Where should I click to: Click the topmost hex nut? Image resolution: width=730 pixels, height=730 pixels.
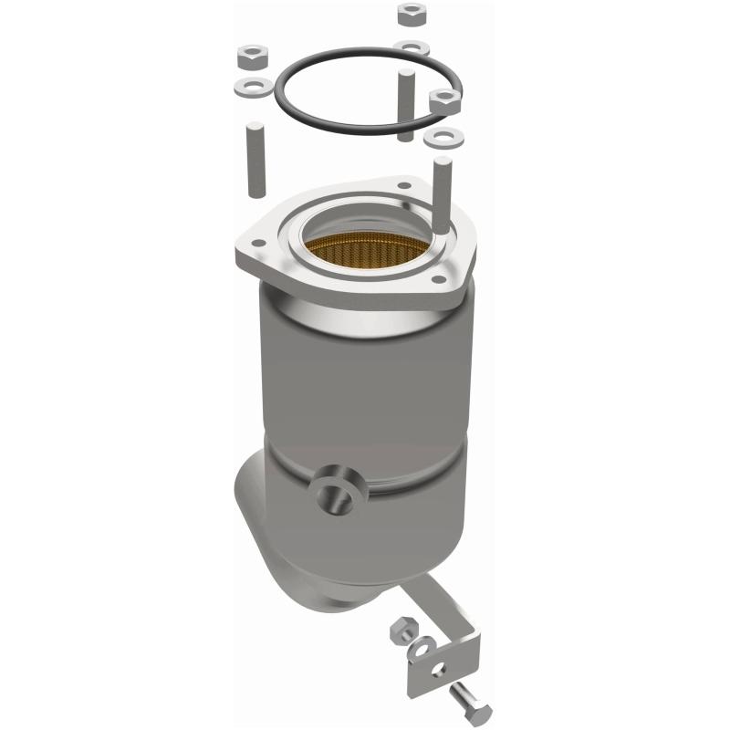coord(409,15)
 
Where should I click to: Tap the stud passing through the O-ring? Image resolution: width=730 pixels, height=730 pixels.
coord(402,100)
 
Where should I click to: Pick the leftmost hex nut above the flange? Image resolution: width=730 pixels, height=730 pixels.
coord(251,58)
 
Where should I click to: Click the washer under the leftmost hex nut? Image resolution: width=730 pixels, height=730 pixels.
coord(251,89)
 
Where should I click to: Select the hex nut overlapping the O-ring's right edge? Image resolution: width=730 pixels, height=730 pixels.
coord(443,100)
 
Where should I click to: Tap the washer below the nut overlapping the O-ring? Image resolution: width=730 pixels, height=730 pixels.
coord(442,138)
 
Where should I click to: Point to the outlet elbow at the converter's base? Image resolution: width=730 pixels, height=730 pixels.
coord(274,547)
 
